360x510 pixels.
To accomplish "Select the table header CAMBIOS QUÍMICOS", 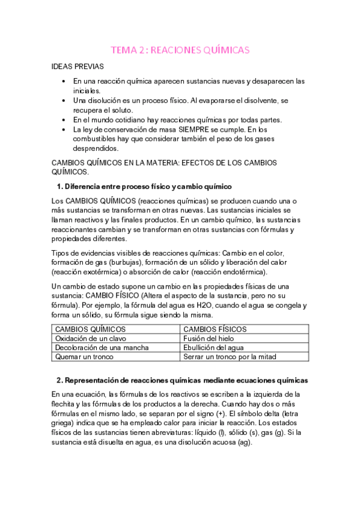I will (90, 330).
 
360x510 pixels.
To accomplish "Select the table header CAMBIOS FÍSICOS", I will (215, 330).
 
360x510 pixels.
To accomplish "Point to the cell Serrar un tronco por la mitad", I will (230, 357).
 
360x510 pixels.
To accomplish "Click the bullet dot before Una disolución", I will (64, 100).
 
